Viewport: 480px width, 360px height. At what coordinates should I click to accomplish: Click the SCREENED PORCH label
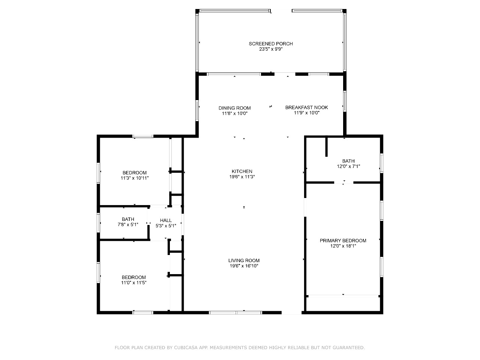coord(271,44)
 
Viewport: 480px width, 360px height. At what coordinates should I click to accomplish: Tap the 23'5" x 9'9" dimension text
coord(271,49)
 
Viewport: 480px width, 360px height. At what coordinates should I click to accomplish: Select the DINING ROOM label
coord(235,108)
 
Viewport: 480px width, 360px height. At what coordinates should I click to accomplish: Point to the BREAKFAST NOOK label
coord(307,108)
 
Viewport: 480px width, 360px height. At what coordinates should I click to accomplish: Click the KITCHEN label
coord(242,171)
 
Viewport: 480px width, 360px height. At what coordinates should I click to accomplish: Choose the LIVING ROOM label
coord(244,261)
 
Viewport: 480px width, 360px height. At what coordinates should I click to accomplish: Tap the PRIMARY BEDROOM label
coord(343,241)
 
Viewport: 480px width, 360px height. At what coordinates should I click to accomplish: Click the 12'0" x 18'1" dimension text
coord(343,246)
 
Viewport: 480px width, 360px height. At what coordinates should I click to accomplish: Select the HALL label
coord(166,220)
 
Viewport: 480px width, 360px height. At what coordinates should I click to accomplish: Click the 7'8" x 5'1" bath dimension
coord(128,225)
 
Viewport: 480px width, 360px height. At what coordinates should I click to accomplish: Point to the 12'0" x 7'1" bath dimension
coord(348,166)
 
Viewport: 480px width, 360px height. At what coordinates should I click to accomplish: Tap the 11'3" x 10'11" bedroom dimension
coord(135,178)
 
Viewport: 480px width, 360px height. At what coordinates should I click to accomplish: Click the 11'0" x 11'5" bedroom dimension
coord(133,283)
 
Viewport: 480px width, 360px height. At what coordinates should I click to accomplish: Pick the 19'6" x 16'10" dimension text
coord(244,266)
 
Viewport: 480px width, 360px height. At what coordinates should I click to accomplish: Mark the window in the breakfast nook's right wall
coord(345,101)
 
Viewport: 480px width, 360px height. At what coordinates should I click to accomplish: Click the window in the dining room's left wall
coord(197,111)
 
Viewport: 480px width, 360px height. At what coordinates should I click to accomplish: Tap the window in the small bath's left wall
coord(98,223)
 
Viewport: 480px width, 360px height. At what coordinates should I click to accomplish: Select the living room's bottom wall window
coord(235,313)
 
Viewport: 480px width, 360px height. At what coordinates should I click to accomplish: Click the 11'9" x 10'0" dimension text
coord(307,113)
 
